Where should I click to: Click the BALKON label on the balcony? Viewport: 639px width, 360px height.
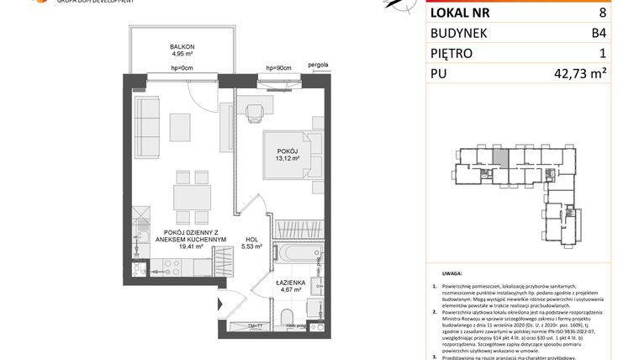click(x=182, y=48)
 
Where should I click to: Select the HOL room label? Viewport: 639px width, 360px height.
click(x=251, y=239)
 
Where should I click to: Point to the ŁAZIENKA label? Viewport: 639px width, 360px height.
click(x=288, y=284)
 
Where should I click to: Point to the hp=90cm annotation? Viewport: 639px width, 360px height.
click(x=277, y=67)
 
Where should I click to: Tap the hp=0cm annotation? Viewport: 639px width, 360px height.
click(x=182, y=67)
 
